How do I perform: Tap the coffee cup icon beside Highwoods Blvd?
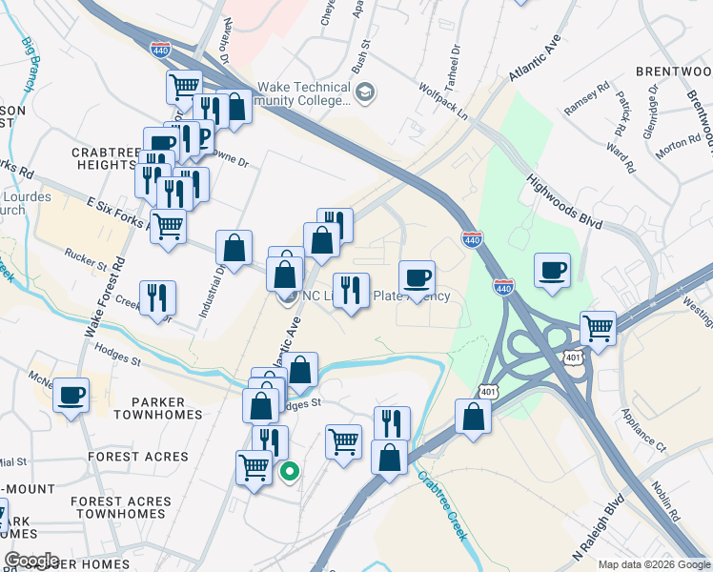(x=552, y=271)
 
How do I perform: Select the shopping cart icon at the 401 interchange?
(x=598, y=328)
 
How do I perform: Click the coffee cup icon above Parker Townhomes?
(x=71, y=395)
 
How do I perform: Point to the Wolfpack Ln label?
(x=444, y=99)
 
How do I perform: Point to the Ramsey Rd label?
(x=585, y=99)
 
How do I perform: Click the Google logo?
(x=31, y=560)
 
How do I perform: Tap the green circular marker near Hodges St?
(x=289, y=470)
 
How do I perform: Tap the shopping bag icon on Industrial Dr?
(x=234, y=249)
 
